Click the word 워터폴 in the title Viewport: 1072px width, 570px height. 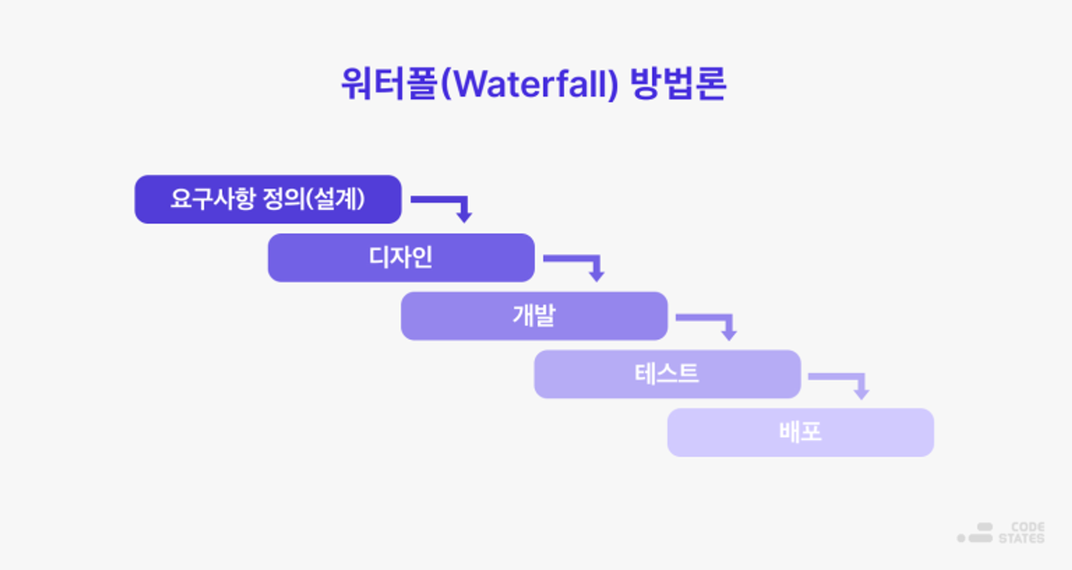click(390, 84)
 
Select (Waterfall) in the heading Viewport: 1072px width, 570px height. click(530, 84)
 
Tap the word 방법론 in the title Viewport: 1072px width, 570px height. click(678, 84)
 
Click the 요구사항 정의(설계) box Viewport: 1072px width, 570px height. click(268, 199)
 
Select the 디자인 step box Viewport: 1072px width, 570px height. click(401, 257)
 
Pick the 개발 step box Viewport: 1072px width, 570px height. click(534, 316)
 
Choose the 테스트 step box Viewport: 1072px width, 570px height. click(667, 374)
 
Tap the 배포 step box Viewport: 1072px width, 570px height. click(801, 432)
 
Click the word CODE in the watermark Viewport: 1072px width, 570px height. click(1028, 527)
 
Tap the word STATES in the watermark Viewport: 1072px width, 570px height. click(1022, 538)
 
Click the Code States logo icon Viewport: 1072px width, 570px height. click(975, 533)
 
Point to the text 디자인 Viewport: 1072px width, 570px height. click(401, 257)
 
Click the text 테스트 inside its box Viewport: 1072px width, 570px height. click(667, 374)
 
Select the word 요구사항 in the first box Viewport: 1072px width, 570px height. click(213, 199)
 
